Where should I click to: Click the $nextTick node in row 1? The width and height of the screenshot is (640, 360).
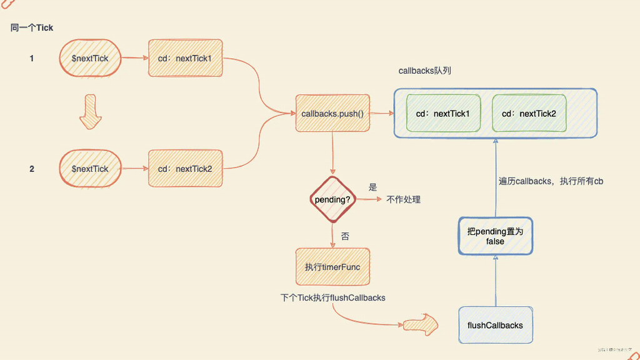90,59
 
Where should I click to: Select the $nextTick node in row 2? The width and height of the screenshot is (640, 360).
90,169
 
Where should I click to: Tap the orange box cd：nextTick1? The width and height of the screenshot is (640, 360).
185,59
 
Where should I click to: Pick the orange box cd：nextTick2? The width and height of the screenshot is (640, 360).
185,169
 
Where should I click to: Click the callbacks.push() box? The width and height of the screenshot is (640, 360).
332,114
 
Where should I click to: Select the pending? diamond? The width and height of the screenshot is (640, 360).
332,199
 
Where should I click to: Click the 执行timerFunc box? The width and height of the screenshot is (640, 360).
332,267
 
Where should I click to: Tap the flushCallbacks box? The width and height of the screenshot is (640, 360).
495,325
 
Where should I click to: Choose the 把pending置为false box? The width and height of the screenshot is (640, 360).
495,236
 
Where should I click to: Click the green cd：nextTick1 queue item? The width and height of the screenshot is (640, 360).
443,114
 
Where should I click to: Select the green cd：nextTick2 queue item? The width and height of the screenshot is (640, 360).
529,114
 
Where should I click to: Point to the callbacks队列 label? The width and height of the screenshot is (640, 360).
425,71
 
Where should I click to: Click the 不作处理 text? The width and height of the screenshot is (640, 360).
404,200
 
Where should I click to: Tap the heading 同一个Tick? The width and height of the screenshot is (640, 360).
32,28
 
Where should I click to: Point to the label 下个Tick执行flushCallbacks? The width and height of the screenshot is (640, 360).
333,298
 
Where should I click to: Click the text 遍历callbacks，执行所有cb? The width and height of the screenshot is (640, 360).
551,181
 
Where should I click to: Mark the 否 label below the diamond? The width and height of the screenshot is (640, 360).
345,236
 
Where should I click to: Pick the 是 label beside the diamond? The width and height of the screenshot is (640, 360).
373,187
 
